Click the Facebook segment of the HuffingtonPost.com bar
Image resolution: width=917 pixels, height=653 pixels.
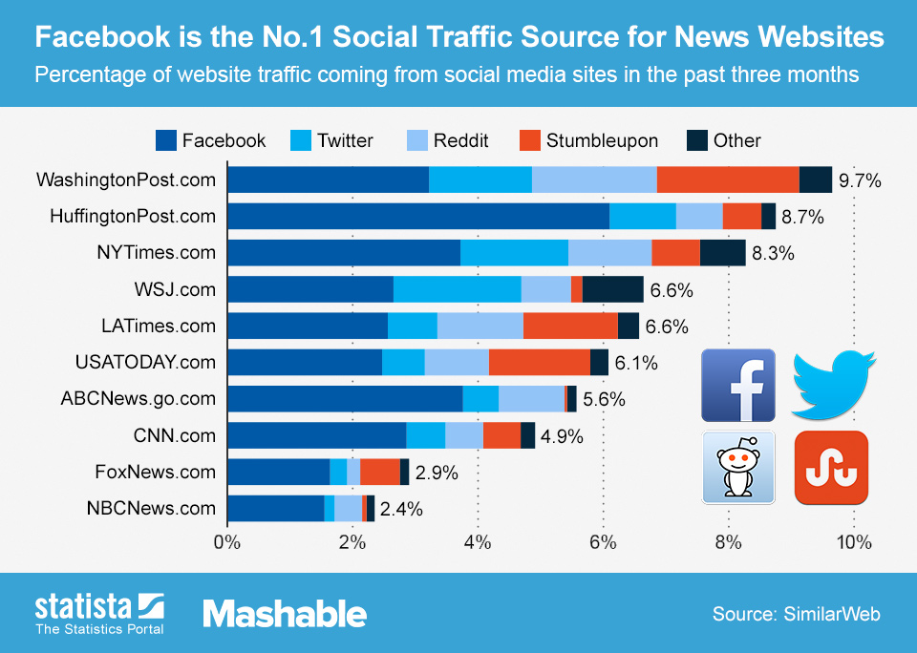click(x=418, y=217)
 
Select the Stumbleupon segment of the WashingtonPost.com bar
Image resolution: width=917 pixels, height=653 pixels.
click(x=728, y=179)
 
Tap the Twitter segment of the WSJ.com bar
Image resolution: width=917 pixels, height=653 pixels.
click(x=457, y=289)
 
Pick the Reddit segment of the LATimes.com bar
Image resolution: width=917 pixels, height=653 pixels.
click(x=480, y=326)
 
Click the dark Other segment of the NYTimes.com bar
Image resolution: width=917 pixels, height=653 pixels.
click(x=722, y=253)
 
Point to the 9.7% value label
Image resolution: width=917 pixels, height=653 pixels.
click(x=859, y=180)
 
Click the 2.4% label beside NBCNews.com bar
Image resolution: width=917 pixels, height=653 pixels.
click(x=401, y=509)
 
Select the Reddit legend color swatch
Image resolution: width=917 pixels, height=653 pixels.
click(x=416, y=141)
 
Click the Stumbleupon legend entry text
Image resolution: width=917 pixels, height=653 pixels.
click(x=602, y=141)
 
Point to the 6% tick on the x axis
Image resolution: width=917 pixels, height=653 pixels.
click(x=603, y=543)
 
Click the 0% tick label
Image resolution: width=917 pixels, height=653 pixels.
click(x=227, y=543)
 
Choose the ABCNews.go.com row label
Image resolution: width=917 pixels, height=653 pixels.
click(x=138, y=399)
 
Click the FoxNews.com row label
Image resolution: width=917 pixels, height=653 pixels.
click(x=156, y=472)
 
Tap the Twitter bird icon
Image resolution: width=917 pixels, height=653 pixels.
click(x=831, y=385)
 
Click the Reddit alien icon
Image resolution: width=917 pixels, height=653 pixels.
click(x=737, y=467)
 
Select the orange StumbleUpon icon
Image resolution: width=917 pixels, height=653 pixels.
click(x=831, y=467)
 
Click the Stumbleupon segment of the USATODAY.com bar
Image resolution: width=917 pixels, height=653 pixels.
click(x=539, y=363)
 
